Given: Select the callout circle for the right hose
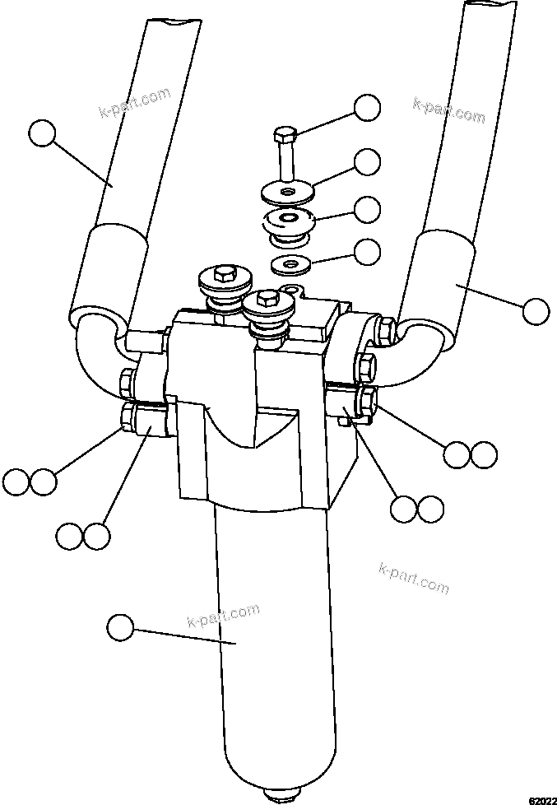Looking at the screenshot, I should [x=535, y=310].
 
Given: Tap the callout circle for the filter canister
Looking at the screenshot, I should [x=121, y=627].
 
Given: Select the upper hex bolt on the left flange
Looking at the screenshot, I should [x=130, y=381].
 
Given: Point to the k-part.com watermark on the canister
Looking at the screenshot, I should [x=224, y=615].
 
